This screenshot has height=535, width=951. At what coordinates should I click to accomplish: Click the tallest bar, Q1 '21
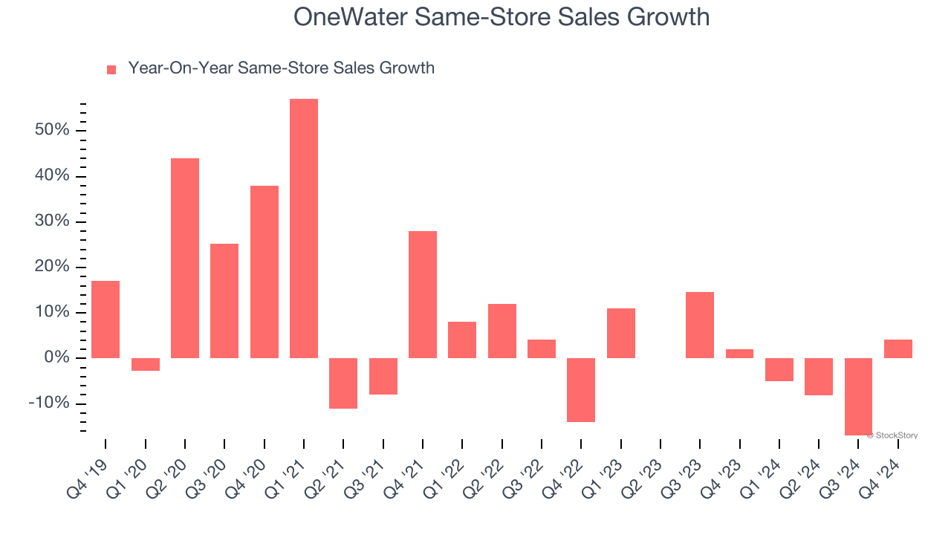(304, 228)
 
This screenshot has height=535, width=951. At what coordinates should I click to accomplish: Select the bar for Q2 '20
(185, 258)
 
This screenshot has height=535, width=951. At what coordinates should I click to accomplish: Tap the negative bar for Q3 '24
(858, 396)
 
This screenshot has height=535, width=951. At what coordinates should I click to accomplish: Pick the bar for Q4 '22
(581, 389)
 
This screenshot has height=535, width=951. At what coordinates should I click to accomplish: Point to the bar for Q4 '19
(106, 320)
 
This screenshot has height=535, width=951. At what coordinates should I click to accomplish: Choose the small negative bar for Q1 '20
(146, 364)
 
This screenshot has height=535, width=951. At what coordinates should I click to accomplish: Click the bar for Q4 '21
(423, 294)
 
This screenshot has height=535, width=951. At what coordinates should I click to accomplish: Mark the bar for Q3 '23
(700, 325)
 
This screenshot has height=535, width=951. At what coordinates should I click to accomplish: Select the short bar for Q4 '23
(739, 354)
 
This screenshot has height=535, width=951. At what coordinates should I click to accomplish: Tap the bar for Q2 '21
(343, 383)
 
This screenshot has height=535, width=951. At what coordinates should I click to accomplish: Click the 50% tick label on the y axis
(51, 131)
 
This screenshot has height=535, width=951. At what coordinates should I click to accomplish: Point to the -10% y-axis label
(48, 403)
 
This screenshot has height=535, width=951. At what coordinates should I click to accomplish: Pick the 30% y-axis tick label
(51, 221)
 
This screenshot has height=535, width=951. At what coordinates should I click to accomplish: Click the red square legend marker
(111, 70)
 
